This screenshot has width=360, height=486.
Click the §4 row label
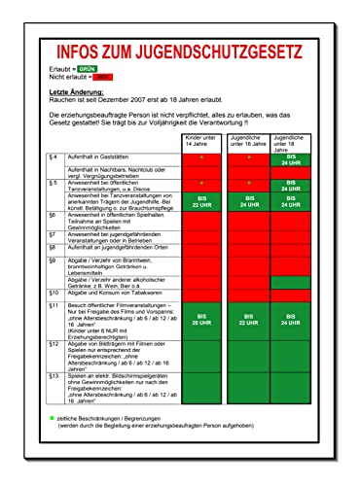pos(53,156)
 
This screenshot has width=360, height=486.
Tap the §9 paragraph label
pos(53,260)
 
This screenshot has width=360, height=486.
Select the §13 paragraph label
pos(54,374)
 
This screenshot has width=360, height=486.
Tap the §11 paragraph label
pos(54,305)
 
